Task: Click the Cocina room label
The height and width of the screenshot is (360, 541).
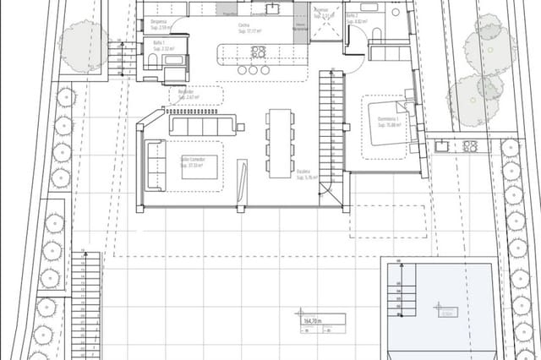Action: coord(243,26)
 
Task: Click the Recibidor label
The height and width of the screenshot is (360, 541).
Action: coord(185,94)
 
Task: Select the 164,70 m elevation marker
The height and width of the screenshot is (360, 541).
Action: coord(313,319)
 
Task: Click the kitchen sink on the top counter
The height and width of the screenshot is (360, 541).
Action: coord(273,9)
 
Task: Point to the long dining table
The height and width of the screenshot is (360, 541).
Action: coord(280,142)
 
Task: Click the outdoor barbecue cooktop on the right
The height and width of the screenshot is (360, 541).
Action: coord(469,146)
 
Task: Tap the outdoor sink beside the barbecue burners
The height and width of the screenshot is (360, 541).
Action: coord(442,146)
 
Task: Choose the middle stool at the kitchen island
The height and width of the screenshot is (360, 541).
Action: coord(253,71)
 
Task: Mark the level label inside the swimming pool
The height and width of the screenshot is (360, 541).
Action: coord(445,310)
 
